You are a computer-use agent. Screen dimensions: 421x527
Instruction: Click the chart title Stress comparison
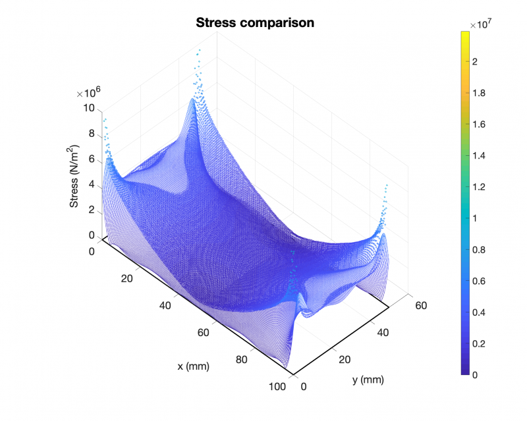255,23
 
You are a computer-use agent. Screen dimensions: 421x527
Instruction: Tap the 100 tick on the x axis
277,387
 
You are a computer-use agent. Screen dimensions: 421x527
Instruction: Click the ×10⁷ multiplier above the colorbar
480,25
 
